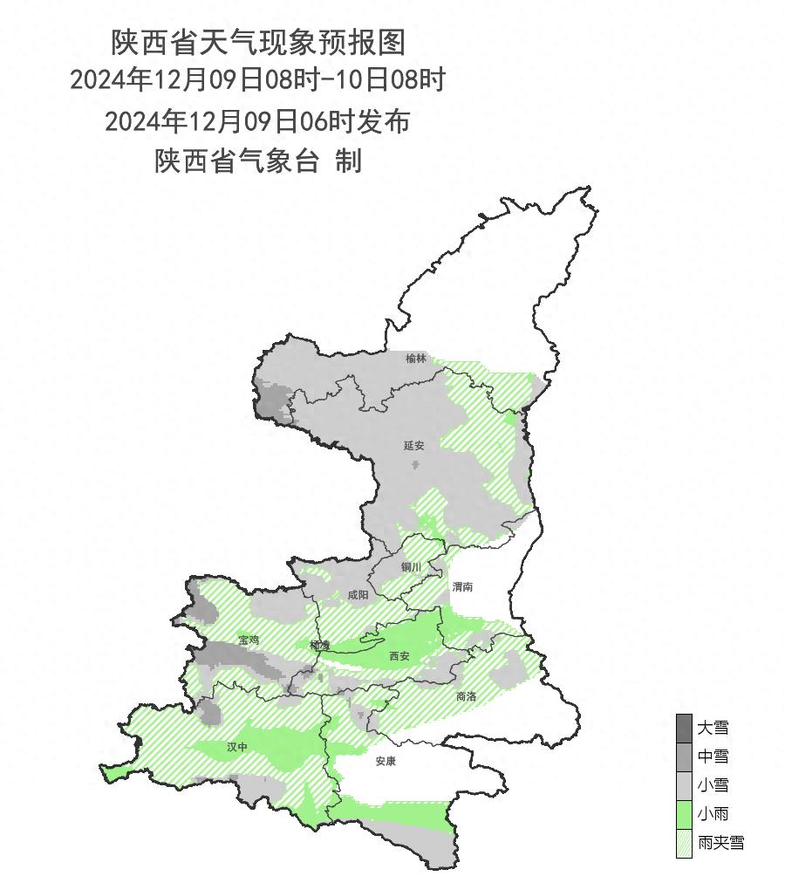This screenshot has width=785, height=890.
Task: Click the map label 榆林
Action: click(417, 359)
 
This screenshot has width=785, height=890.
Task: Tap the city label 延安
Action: click(414, 446)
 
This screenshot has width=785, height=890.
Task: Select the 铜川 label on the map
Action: click(411, 567)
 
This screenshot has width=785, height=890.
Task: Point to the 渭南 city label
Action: click(463, 587)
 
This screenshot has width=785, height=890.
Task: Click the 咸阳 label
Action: click(358, 595)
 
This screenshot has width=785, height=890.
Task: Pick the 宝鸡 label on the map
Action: click(249, 640)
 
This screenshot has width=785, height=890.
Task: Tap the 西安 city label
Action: click(399, 655)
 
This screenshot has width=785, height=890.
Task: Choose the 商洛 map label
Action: click(466, 696)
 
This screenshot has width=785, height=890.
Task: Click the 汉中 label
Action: click(237, 747)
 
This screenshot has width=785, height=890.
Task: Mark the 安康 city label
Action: click(386, 761)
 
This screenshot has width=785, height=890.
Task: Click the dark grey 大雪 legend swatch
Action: click(684, 727)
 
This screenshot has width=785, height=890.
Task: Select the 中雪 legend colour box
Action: click(684, 756)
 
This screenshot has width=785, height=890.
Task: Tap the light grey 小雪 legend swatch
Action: click(684, 784)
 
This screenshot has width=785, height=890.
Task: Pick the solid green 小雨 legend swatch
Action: click(684, 814)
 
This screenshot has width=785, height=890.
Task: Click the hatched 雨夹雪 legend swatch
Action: click(684, 843)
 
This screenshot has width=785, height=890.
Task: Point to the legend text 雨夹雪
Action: click(720, 843)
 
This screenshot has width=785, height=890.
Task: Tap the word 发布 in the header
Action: click(384, 121)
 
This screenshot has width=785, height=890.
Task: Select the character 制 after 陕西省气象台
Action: click(349, 161)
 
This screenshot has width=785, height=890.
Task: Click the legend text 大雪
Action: click(713, 727)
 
